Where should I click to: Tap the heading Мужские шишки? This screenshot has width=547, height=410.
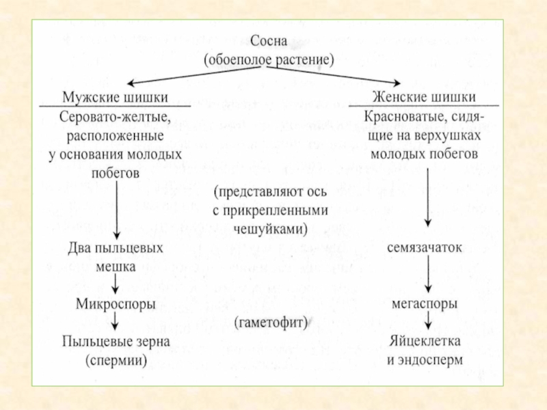115,96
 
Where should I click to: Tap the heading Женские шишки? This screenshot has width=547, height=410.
424,96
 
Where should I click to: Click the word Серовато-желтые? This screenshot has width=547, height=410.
115,117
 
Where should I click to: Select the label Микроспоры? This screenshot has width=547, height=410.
115,301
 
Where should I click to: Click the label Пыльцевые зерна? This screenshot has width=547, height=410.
115,340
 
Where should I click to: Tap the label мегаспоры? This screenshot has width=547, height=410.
425,301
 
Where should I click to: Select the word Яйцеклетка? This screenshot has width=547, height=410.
425,340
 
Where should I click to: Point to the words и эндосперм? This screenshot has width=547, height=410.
425,359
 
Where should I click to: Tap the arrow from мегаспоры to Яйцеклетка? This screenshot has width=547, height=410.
427,320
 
